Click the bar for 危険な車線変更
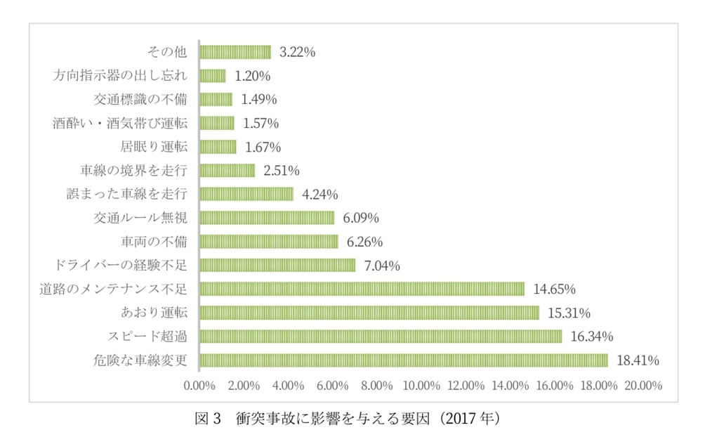click(x=404, y=360)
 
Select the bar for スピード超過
click(x=381, y=337)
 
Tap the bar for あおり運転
click(x=369, y=313)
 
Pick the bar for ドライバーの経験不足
click(x=277, y=265)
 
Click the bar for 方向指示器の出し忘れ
click(x=213, y=75)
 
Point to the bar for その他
click(x=235, y=52)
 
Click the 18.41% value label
click(x=638, y=361)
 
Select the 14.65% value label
click(x=555, y=289)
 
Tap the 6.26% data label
click(x=364, y=242)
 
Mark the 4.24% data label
click(x=320, y=195)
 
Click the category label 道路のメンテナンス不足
click(x=114, y=289)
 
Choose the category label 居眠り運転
click(x=154, y=147)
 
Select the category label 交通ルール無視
click(x=140, y=218)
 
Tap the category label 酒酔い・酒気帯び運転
click(x=120, y=123)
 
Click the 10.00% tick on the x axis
click(x=421, y=386)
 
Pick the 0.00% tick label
click(x=199, y=386)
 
